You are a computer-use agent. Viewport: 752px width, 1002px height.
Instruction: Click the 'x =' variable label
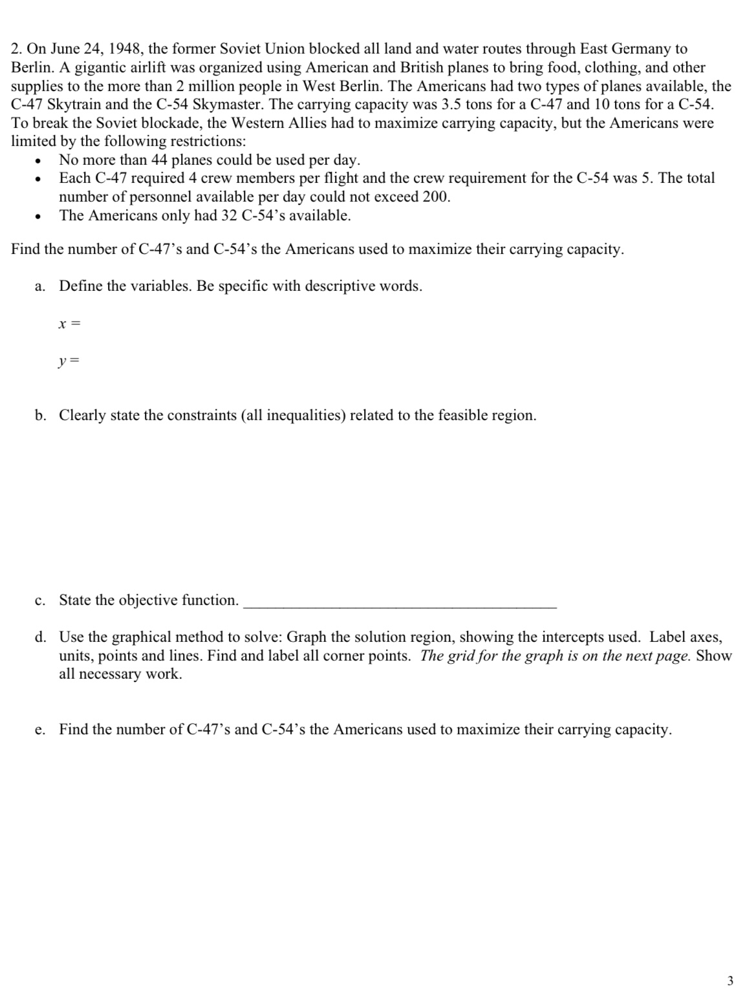pyautogui.click(x=69, y=323)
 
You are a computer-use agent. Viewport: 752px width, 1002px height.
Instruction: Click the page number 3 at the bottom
pyautogui.click(x=730, y=981)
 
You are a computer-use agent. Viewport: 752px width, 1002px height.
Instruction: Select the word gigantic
pyautogui.click(x=105, y=67)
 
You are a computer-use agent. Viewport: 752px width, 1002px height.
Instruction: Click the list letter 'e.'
pyautogui.click(x=40, y=730)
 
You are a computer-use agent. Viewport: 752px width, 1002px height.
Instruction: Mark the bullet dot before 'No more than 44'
pyautogui.click(x=40, y=161)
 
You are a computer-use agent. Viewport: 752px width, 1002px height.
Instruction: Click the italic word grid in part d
pyautogui.click(x=461, y=656)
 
